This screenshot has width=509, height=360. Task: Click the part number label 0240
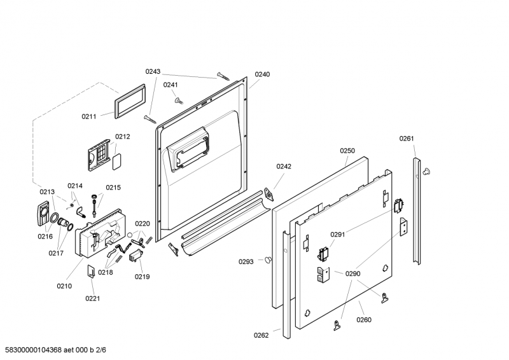coord(262,74)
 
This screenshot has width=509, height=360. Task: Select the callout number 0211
coord(89,116)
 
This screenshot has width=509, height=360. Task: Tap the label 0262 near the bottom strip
coord(261,335)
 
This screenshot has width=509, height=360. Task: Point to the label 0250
coord(347,151)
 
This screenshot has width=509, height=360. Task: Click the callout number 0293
coord(246,261)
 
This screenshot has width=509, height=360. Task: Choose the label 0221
coord(92,298)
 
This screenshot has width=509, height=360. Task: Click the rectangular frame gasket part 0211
coord(130,101)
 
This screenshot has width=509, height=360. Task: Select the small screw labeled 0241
coord(179,101)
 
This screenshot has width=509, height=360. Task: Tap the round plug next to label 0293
coord(268,260)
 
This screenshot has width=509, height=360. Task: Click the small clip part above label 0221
coord(91,271)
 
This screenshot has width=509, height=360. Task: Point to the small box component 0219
coord(136,255)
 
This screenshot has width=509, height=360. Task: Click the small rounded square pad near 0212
coord(117,162)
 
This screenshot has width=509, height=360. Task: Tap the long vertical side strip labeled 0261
coord(417,211)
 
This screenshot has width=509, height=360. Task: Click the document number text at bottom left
coord(55,350)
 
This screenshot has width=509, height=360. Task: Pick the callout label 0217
coord(56,253)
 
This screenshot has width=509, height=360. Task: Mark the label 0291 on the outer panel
coord(338,234)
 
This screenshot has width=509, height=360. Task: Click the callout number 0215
coord(113,188)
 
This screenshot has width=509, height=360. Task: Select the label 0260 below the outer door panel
coord(364,320)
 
